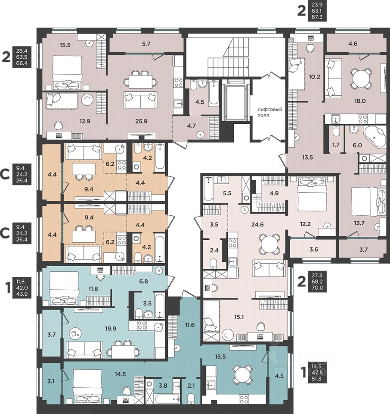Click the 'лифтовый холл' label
(x=269, y=112)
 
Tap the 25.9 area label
(x=141, y=122)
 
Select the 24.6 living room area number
(x=257, y=225)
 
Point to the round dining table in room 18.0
(x=360, y=78)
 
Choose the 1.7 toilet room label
(x=336, y=144)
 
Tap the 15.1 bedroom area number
(x=238, y=317)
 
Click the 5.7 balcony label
(x=146, y=44)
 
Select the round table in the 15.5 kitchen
(x=241, y=375)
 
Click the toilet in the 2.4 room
(x=214, y=263)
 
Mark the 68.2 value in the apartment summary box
(x=317, y=282)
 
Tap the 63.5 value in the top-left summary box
(x=22, y=57)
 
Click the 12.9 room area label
(x=85, y=122)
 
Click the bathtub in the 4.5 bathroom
(x=214, y=93)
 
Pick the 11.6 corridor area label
(x=189, y=324)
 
